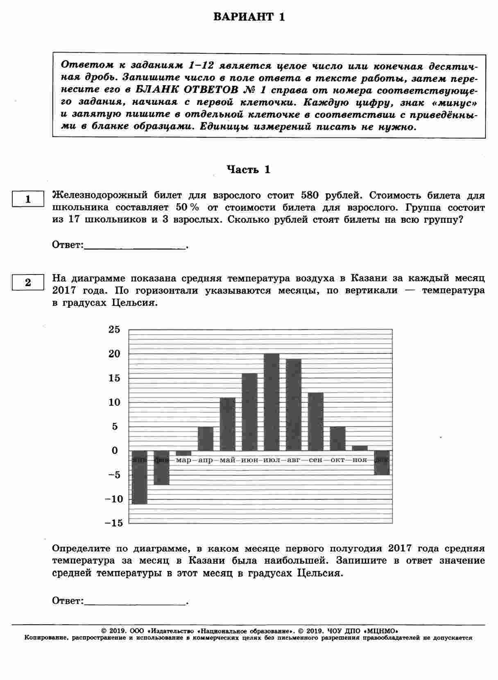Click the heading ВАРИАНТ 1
(249, 17)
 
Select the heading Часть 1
(249, 170)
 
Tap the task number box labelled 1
(28, 199)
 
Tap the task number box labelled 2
(28, 283)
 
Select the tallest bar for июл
(272, 401)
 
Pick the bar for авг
(294, 404)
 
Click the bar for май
(228, 424)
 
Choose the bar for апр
(206, 438)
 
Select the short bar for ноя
(360, 448)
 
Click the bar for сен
(315, 421)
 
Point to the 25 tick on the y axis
(114, 329)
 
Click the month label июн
(250, 460)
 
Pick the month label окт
(337, 460)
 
